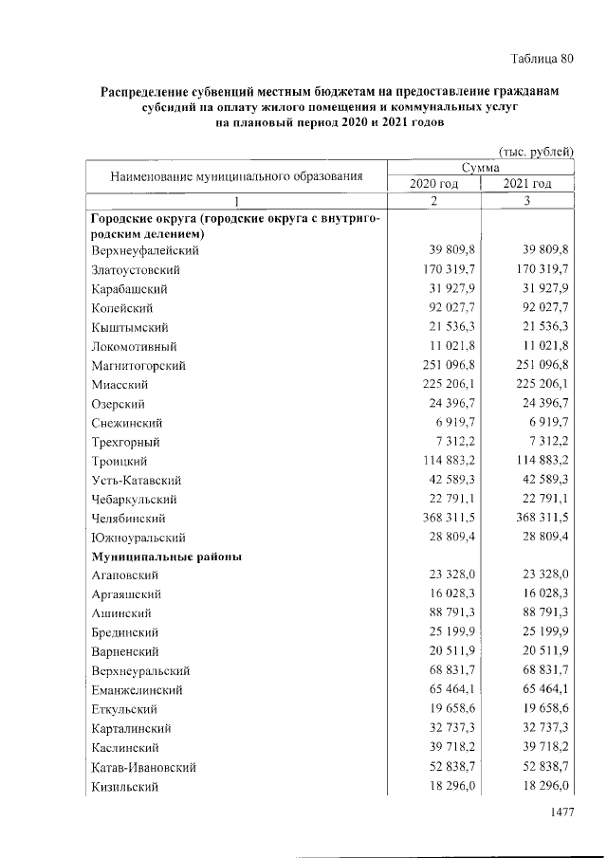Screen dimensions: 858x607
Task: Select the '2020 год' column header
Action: [433, 184]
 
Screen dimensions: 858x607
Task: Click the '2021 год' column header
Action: [527, 184]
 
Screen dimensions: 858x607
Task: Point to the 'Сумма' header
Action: [481, 168]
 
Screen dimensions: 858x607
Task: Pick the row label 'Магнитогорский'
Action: [138, 366]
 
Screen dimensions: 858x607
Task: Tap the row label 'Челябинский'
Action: [129, 519]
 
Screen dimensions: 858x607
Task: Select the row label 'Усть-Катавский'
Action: [137, 481]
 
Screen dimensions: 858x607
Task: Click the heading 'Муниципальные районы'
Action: [165, 557]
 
